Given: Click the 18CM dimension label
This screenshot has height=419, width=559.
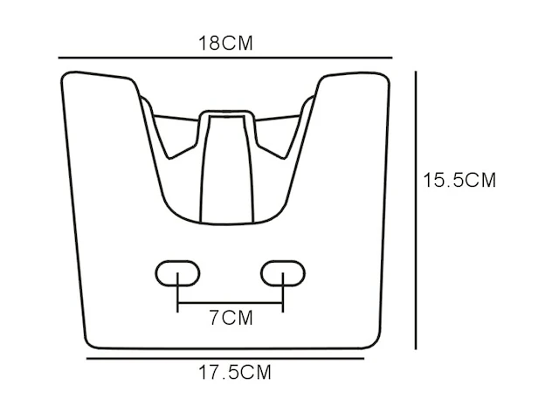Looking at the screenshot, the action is [x=225, y=44].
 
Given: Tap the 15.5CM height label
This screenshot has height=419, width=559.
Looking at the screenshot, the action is [x=459, y=180].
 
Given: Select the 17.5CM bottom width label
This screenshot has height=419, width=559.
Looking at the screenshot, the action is [x=235, y=373].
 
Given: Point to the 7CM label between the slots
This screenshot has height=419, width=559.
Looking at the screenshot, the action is [x=231, y=318].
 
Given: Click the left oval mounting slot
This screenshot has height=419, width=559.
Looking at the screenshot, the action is [x=177, y=273].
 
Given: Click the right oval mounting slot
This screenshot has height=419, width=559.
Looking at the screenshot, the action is [x=283, y=273].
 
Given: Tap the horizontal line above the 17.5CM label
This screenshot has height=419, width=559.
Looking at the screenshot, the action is [x=225, y=359].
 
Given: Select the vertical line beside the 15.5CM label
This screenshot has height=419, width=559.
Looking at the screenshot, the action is [x=416, y=210].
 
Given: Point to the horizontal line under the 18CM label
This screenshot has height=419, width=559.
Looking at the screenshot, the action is [x=225, y=57].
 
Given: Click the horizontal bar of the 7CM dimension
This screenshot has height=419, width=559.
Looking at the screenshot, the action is [x=231, y=303].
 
